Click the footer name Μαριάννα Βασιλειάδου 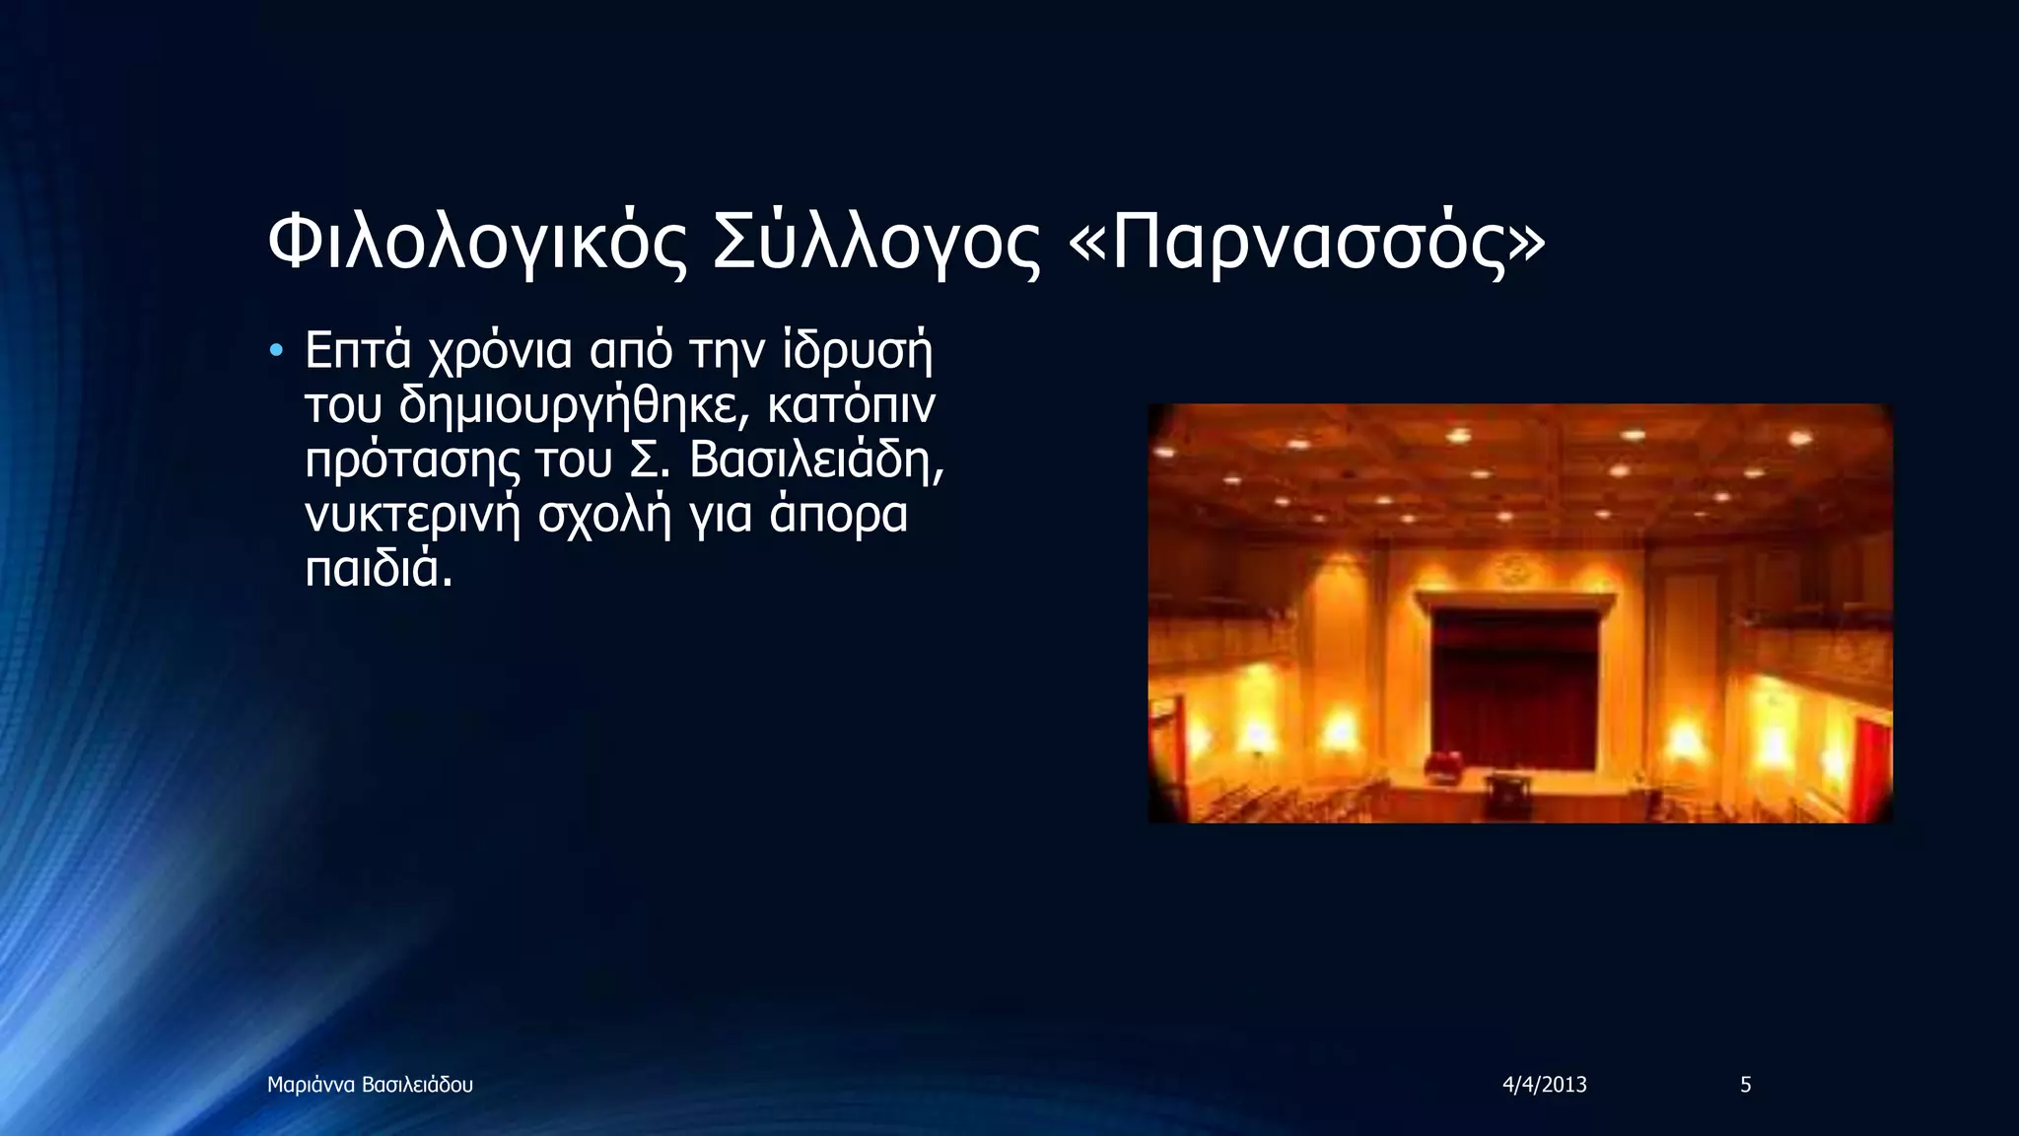[370, 1085]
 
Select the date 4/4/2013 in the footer [1544, 1085]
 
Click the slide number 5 [1745, 1085]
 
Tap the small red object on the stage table [1446, 762]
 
